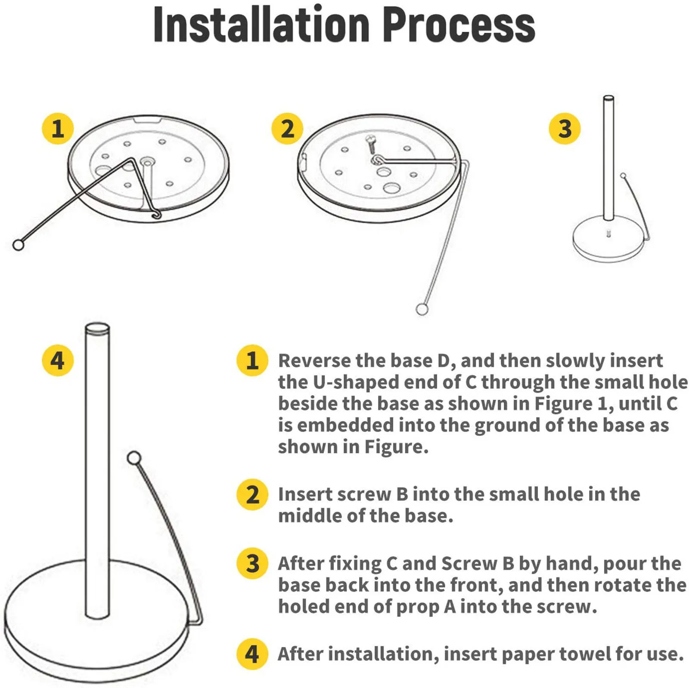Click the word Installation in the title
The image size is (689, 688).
coord(261,25)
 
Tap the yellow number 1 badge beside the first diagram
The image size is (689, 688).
coord(58,128)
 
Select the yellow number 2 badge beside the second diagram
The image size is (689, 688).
coord(287,128)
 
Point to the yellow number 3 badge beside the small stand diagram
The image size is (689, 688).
coord(565,128)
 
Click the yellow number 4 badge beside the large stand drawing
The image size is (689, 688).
coord(58,360)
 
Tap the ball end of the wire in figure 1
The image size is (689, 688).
coord(18,245)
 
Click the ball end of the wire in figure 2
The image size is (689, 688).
coord(422,309)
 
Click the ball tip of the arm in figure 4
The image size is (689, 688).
coord(134,457)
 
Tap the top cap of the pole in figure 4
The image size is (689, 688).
coord(97,329)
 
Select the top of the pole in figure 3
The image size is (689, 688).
coord(608,99)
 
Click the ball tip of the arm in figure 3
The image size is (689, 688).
coord(623,176)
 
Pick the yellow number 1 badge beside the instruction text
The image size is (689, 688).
coord(252,360)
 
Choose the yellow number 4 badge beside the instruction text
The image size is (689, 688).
coord(252,654)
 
